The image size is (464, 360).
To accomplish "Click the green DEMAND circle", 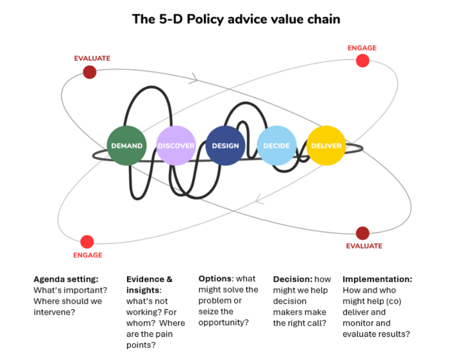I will tap(126, 146).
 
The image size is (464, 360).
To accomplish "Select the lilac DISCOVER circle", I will tap(176, 146).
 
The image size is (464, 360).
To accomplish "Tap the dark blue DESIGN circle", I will tap(225, 146).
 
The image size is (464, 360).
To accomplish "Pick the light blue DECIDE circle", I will tap(276, 146).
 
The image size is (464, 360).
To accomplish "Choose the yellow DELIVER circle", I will tap(326, 146).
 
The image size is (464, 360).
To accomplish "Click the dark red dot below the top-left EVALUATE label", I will tap(89, 72).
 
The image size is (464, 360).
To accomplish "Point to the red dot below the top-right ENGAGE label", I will tap(362, 61).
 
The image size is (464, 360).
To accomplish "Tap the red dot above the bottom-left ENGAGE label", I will tap(87, 242).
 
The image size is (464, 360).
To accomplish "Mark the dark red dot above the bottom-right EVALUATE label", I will tap(362, 233).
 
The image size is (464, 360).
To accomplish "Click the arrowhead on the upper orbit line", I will tap(193, 79).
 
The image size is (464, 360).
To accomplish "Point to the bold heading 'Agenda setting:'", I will tap(66, 279).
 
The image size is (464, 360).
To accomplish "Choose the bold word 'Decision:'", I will tap(293, 279).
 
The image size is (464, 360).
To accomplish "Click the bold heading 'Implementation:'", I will tap(377, 279).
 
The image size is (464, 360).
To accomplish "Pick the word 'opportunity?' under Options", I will tap(223, 322).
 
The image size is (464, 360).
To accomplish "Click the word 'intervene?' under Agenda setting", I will tap(54, 312).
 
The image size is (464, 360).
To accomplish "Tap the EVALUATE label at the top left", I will tap(92, 58).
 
